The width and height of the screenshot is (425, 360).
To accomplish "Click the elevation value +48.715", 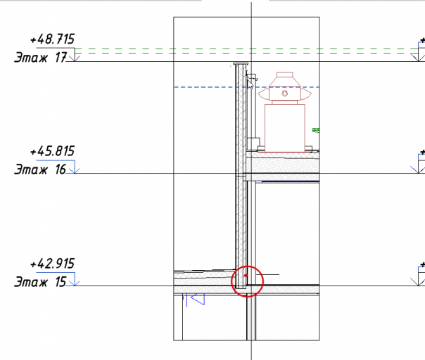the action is pos(52,39).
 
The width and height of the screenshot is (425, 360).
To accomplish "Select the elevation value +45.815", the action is pos(52,151).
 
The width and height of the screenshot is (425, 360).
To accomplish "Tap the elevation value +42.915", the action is pos(52,264).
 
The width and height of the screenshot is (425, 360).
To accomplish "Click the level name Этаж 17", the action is pos(40,58).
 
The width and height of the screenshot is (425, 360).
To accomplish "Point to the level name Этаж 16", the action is pos(40,169).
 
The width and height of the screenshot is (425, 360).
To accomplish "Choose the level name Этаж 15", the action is pos(40,282).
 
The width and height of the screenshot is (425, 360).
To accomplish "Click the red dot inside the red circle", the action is pos(246,276).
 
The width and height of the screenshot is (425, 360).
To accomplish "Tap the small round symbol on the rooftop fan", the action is pos(284,94).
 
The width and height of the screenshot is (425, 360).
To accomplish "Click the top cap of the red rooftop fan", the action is pos(284,75).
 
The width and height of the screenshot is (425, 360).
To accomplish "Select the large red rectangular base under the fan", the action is pos(285,128).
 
